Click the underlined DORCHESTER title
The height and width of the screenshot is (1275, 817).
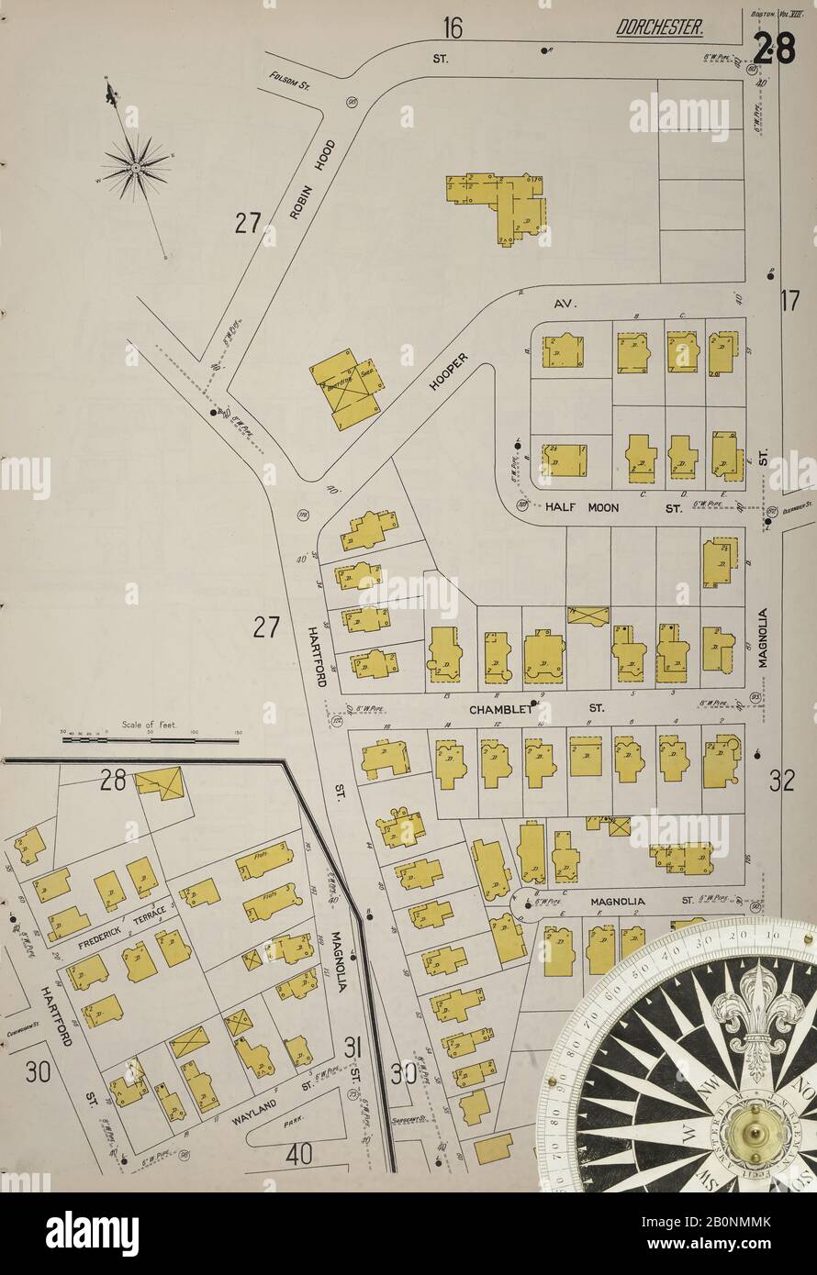[659, 29]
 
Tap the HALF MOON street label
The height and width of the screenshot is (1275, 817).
[582, 507]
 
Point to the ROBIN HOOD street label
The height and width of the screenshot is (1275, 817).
[312, 179]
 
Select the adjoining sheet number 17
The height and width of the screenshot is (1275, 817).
[790, 300]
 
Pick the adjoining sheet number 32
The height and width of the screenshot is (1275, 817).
[781, 781]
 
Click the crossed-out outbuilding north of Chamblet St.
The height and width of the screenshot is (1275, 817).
[588, 615]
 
